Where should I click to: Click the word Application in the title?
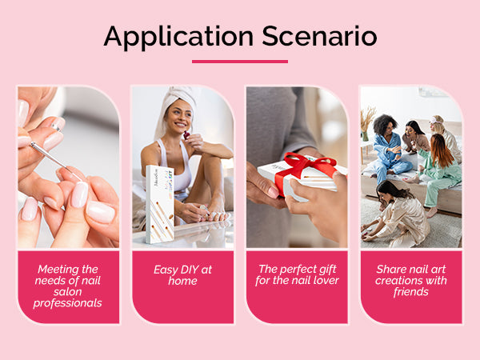pos(178,38)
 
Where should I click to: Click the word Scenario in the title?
pos(319,36)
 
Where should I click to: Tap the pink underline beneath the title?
pos(240,62)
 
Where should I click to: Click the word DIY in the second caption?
pos(186,270)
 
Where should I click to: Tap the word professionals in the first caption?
pos(68,303)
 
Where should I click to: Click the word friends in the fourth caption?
pos(411,292)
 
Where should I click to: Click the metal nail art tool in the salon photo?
pos(56,161)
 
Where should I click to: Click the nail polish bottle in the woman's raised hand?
pos(186,135)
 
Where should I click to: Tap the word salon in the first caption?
pos(68,292)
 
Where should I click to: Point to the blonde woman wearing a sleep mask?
pos(446,138)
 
